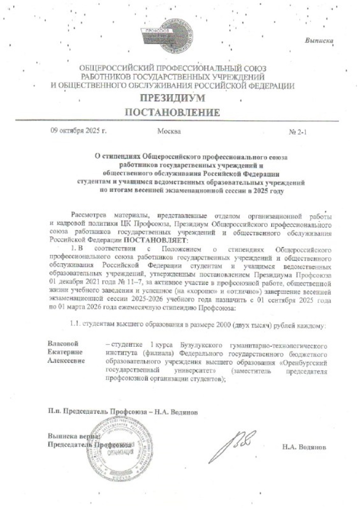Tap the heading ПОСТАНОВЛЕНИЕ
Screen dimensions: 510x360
click(173, 112)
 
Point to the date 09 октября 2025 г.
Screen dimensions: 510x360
click(78, 132)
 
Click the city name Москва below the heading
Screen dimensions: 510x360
click(169, 132)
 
